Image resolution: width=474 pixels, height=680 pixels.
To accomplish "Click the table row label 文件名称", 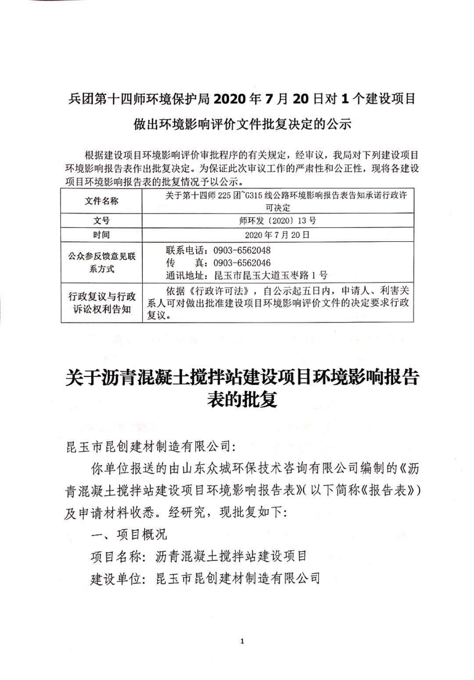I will pos(101,201).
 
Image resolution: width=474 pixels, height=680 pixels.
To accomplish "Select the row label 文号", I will pos(101,221).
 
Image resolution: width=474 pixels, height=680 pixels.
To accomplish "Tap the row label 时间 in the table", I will pos(101,235).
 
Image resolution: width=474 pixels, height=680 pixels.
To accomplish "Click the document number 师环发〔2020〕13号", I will pos(277,221).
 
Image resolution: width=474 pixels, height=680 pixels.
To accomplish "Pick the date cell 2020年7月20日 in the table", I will pos(277,235).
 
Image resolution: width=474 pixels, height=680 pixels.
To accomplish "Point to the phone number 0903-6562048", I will pos(242,251).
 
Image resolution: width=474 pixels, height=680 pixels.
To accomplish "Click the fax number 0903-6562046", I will pos(242,263).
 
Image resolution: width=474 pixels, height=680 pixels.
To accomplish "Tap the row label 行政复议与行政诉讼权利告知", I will pos(101,303).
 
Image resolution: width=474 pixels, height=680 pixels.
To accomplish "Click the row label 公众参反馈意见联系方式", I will pos(101,262).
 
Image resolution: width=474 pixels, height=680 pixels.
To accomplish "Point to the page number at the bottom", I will pos(242,641).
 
